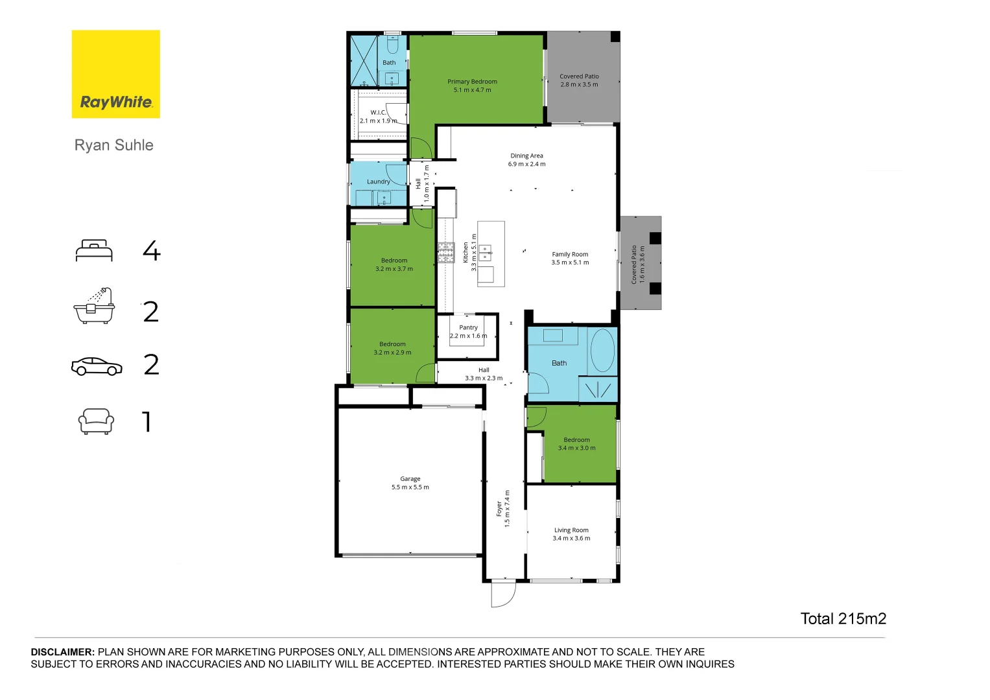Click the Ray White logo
[115, 74]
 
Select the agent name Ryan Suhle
[114, 145]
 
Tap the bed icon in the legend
[94, 251]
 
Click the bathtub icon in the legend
[94, 306]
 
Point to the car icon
[97, 366]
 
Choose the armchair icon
[96, 421]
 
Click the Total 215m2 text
[843, 619]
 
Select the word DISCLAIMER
[63, 652]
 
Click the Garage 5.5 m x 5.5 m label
[410, 483]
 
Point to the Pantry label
[468, 328]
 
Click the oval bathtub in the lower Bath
[602, 350]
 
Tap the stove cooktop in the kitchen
[445, 253]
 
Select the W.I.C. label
[378, 113]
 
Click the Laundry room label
[378, 181]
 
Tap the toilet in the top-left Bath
[392, 45]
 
